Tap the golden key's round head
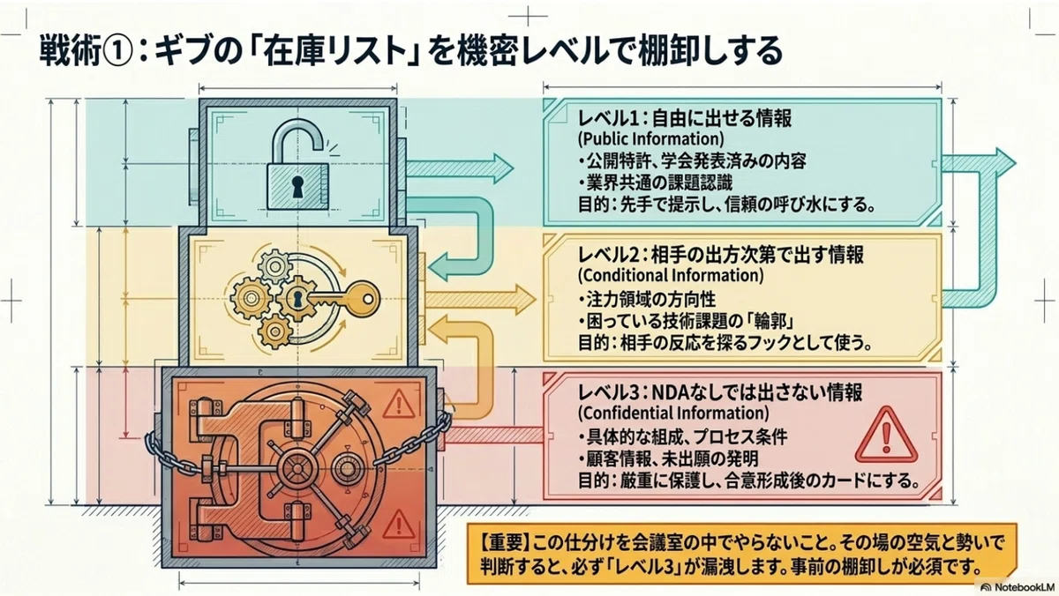(365, 298)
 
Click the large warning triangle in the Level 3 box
(886, 436)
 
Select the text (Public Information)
(651, 138)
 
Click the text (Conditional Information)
(671, 275)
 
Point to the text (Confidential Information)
(673, 413)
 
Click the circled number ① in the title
(116, 51)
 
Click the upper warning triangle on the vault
(399, 405)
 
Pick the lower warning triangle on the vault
(399, 525)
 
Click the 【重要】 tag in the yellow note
(505, 543)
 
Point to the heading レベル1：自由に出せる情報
(685, 118)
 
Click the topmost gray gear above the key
(274, 266)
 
